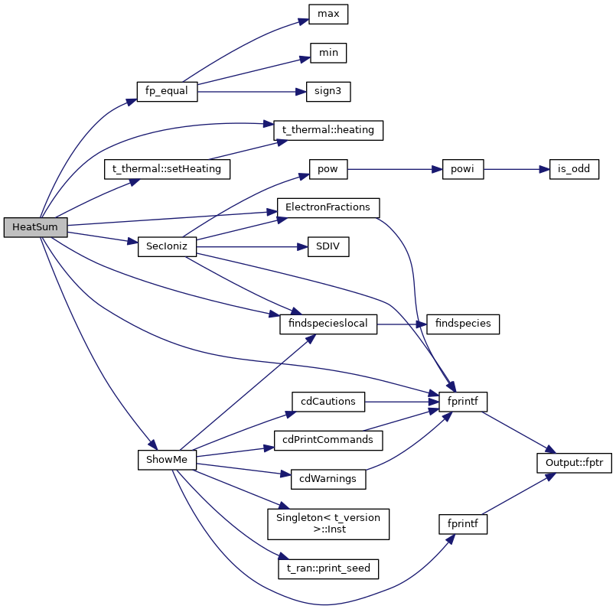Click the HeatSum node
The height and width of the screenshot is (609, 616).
pyautogui.click(x=35, y=227)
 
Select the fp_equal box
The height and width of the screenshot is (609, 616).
pyautogui.click(x=167, y=91)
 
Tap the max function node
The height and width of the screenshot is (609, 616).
pyautogui.click(x=328, y=14)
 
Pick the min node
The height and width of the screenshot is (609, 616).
pyautogui.click(x=328, y=53)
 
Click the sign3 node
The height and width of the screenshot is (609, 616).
pyautogui.click(x=328, y=91)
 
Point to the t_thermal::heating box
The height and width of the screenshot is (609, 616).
pyautogui.click(x=328, y=130)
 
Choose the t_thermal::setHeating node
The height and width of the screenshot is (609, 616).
pyautogui.click(x=167, y=169)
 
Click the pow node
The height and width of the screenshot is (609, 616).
pyautogui.click(x=328, y=169)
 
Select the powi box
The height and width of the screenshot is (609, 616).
pyautogui.click(x=463, y=169)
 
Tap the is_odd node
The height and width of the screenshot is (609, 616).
pyautogui.click(x=574, y=169)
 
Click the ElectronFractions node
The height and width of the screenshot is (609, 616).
pyautogui.click(x=328, y=207)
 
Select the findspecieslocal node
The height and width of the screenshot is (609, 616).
pyautogui.click(x=328, y=324)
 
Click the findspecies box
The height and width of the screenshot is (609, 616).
pyautogui.click(x=463, y=324)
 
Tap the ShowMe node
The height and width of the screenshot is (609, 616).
pyautogui.click(x=167, y=459)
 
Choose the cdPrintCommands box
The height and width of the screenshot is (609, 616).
pyautogui.click(x=328, y=440)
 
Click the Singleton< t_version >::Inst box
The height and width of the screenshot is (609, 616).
pyautogui.click(x=328, y=523)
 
